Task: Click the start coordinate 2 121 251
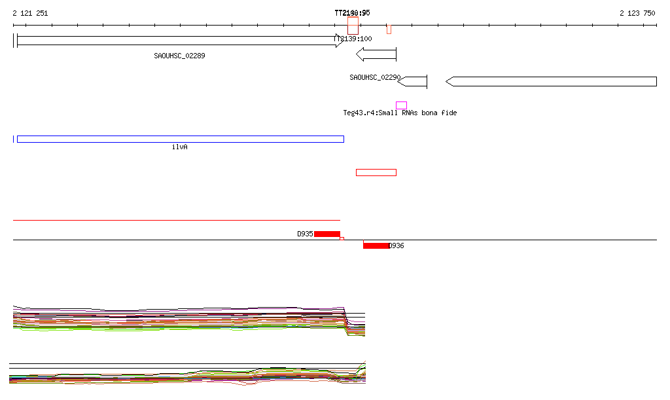30,13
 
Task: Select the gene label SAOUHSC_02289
179,56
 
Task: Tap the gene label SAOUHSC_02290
374,77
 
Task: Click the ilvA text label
179,147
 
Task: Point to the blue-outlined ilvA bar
180,139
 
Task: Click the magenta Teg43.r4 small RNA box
401,105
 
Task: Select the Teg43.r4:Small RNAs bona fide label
400,113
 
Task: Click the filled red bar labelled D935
326,234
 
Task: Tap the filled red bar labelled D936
376,245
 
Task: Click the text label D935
305,234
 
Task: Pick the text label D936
397,245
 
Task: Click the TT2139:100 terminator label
353,39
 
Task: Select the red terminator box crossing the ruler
353,25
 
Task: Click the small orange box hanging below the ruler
389,29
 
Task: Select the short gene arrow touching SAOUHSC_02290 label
413,81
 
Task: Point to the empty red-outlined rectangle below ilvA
376,172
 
